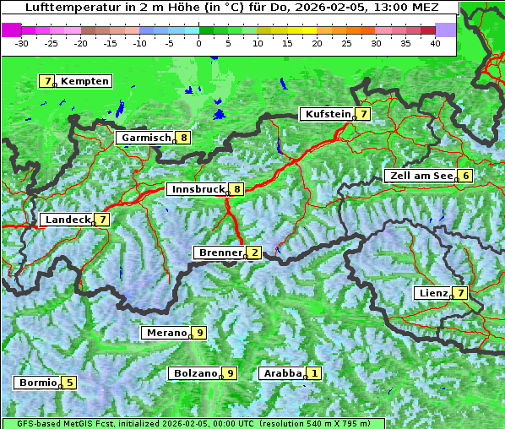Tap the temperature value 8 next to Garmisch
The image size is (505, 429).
[x=183, y=138]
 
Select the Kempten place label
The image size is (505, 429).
[x=84, y=81]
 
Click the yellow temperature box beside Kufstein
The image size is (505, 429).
[x=362, y=114]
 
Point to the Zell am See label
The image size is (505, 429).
[x=420, y=176]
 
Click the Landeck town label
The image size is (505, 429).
[x=68, y=220]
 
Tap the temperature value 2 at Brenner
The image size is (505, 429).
[x=254, y=253]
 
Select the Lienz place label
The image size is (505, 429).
[x=433, y=293]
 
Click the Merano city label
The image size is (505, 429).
[x=166, y=333]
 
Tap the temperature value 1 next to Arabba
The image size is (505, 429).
[x=314, y=373]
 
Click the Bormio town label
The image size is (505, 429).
[x=38, y=383]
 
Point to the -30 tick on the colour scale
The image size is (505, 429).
[x=22, y=42]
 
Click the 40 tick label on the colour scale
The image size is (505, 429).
[x=435, y=42]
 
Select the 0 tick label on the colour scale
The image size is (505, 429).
[x=198, y=42]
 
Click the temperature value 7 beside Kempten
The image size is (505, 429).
[x=48, y=81]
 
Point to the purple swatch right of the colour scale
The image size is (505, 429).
[x=446, y=30]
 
